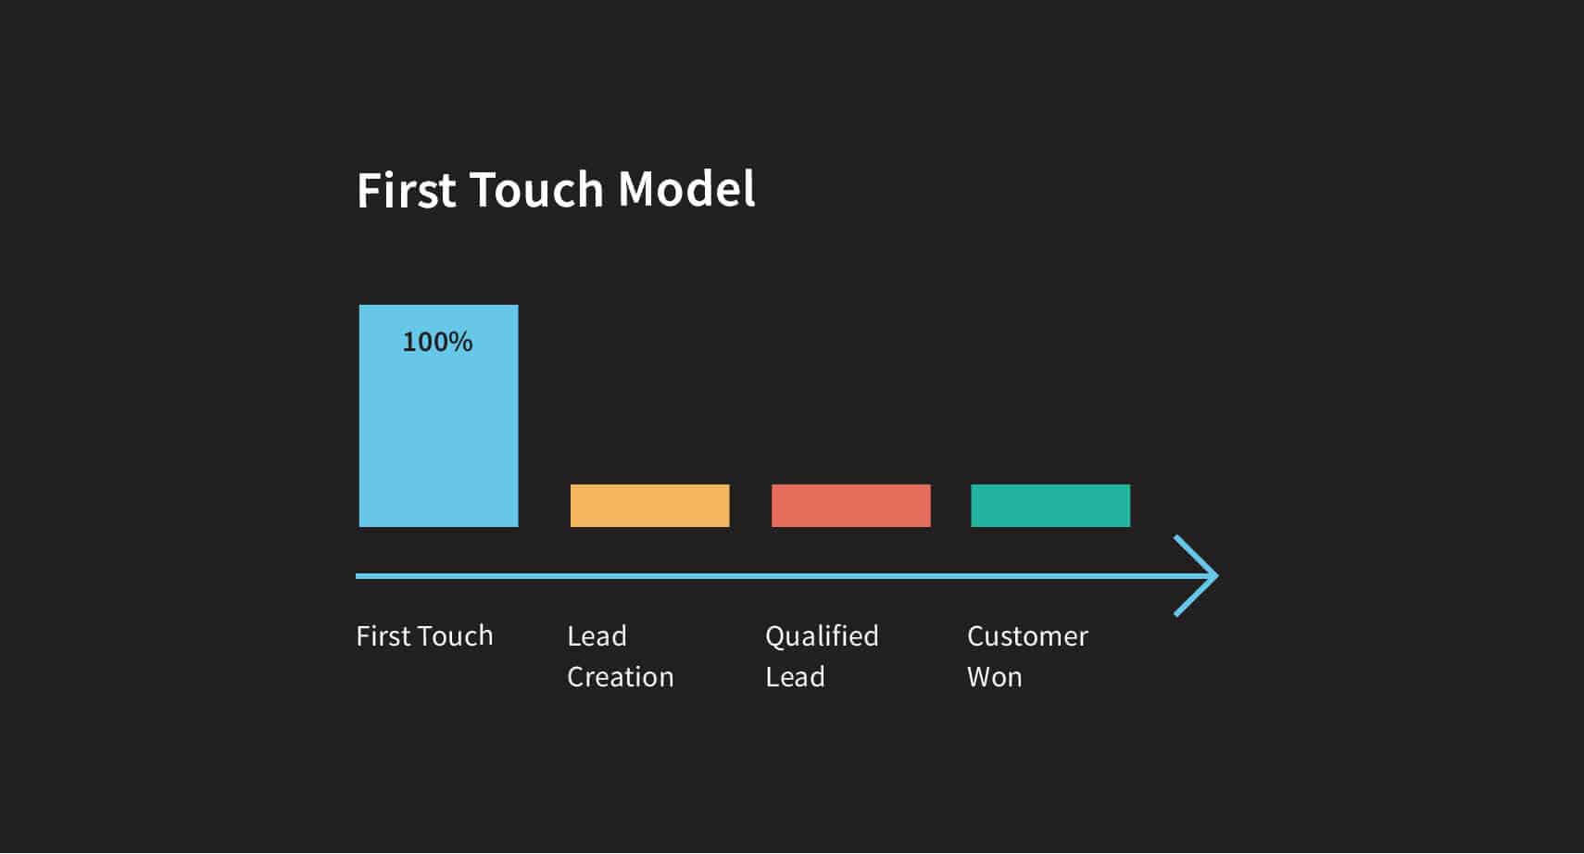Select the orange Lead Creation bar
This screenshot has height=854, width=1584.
point(649,506)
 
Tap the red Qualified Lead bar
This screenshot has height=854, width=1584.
point(850,506)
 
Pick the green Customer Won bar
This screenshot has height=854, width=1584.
point(1050,506)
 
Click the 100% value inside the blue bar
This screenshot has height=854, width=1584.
point(437,342)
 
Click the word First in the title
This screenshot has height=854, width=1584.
point(407,190)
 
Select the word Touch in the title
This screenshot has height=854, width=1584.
point(537,190)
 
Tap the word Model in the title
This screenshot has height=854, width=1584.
point(686,190)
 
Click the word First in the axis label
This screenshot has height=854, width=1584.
point(383,636)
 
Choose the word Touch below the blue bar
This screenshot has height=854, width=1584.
point(456,636)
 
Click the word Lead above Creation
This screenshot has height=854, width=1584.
point(597,636)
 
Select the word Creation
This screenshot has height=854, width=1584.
point(620,677)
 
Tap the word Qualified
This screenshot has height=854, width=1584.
point(822,636)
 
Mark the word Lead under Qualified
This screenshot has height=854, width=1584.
point(795,677)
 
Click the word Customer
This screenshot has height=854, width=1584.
point(1027,636)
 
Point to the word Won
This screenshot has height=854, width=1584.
point(994,677)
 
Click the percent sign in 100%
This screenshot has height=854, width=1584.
point(461,342)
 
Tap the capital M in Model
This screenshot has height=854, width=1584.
point(636,190)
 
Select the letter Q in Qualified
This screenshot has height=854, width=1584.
point(775,637)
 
